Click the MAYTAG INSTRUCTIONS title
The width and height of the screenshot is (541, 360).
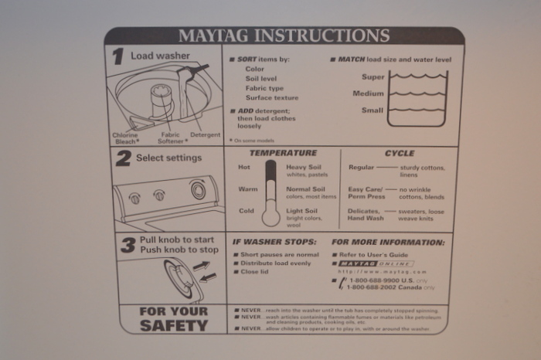pyautogui.click(x=284, y=36)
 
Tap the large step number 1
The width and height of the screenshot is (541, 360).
pyautogui.click(x=117, y=56)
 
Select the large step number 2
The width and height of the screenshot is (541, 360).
pyautogui.click(x=123, y=159)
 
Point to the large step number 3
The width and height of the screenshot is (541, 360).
pyautogui.click(x=128, y=245)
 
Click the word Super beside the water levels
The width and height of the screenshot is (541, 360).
pyautogui.click(x=373, y=77)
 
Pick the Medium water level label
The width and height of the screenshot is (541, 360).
pyautogui.click(x=369, y=93)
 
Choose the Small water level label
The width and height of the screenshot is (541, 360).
pyautogui.click(x=373, y=110)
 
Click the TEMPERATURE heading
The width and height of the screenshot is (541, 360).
pyautogui.click(x=283, y=153)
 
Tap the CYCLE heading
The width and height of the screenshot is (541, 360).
pyautogui.click(x=399, y=153)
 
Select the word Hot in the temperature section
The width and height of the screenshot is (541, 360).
pyautogui.click(x=244, y=167)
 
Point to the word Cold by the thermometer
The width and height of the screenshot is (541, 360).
pyautogui.click(x=246, y=211)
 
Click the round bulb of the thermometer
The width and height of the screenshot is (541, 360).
pyautogui.click(x=271, y=216)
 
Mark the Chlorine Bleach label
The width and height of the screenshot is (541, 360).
pyautogui.click(x=126, y=138)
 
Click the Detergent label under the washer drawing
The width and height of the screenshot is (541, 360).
pyautogui.click(x=205, y=135)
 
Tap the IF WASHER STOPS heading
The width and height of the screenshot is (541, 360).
pyautogui.click(x=275, y=242)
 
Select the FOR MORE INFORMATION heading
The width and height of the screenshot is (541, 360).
pyautogui.click(x=388, y=242)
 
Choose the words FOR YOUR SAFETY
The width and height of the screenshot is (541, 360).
pyautogui.click(x=173, y=318)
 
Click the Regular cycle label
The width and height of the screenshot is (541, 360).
pyautogui.click(x=362, y=167)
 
